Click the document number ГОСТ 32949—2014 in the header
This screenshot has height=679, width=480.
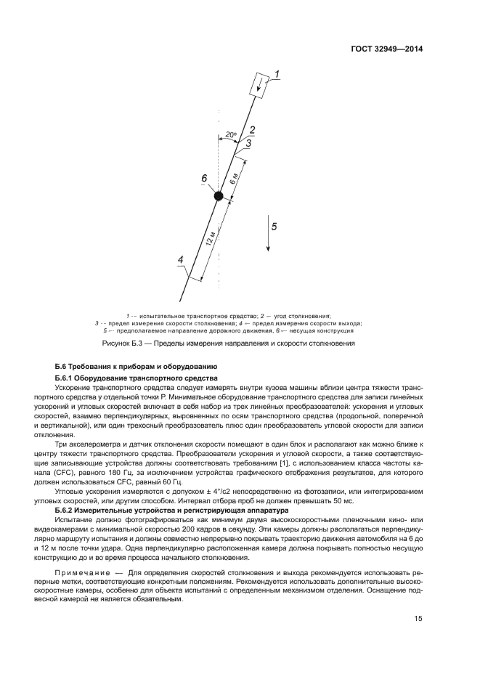coord(389,49)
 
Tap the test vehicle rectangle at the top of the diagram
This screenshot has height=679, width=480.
coord(259,85)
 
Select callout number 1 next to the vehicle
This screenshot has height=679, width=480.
coord(277,73)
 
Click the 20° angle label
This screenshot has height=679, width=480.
coord(230,135)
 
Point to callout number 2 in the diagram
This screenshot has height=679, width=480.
coord(252,130)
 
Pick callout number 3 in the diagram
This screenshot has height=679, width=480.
coord(248,144)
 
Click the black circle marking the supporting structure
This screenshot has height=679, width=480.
coord(218,195)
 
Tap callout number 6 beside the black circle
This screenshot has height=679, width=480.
coord(204,179)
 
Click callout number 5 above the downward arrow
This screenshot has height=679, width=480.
coord(274,226)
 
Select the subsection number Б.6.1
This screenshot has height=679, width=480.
coord(66,378)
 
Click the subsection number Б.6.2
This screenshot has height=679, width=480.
coord(66,511)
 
